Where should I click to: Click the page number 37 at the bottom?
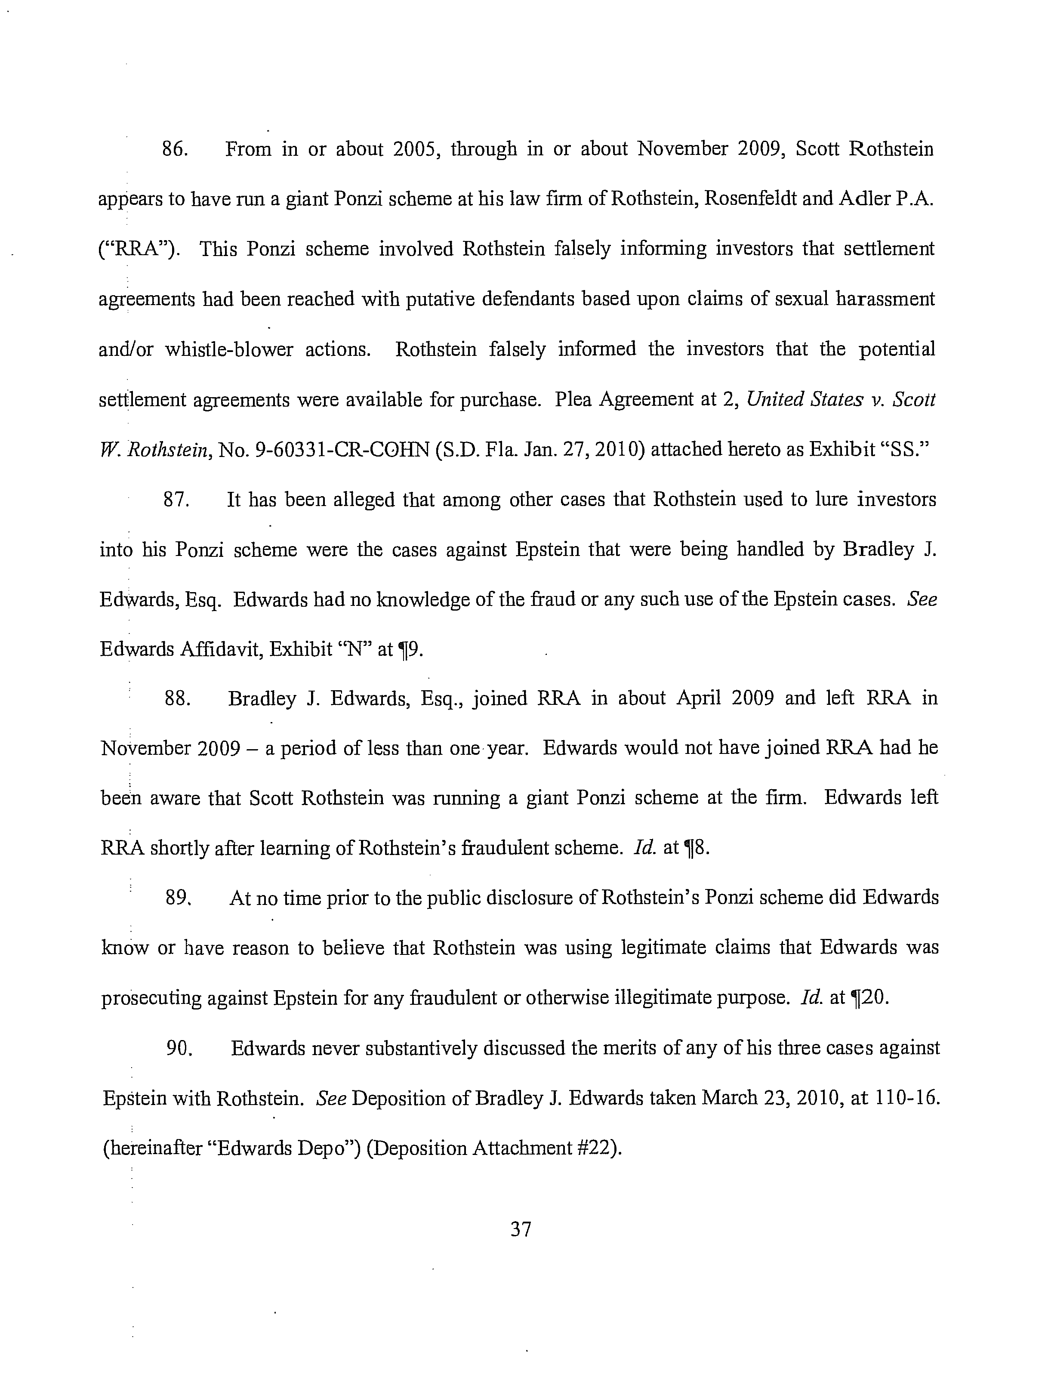point(520,1229)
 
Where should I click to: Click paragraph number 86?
point(175,149)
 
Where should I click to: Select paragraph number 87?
point(176,500)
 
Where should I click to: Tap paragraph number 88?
point(177,698)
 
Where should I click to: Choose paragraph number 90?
point(178,1048)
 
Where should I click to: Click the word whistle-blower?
point(229,350)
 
